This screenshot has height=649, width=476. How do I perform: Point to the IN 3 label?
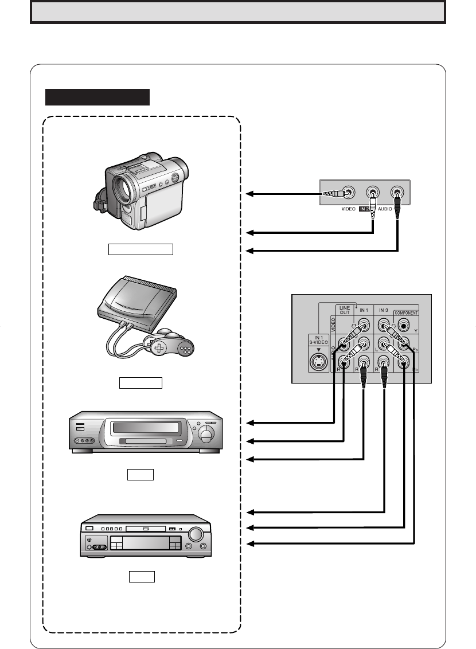[384, 310]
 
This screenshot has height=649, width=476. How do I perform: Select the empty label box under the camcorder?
[141, 248]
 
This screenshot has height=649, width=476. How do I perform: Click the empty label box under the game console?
[141, 383]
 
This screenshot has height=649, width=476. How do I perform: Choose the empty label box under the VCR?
[141, 475]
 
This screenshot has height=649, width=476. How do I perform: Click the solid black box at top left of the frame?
[97, 97]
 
